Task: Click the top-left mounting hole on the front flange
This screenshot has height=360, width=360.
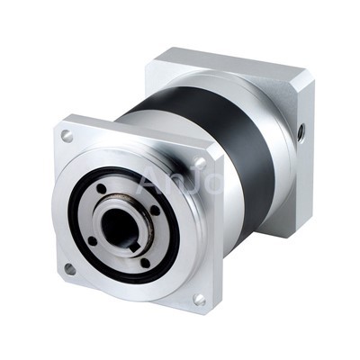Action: click(x=67, y=137)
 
